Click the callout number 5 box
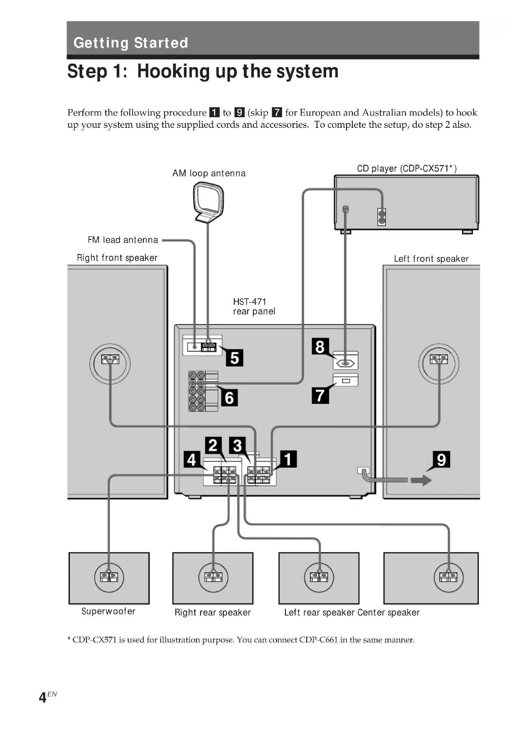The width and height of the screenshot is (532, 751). pos(234,357)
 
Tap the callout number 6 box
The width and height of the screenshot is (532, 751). pos(229,398)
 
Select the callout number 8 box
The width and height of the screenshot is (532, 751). pos(320,347)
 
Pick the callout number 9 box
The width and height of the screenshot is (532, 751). pos(441,459)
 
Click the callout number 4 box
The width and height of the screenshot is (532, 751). pos(192,459)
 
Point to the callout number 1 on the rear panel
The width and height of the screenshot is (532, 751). pos(288,459)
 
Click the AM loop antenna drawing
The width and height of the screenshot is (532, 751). pos(208,203)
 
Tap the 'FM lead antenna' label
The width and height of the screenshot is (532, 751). pos(123,240)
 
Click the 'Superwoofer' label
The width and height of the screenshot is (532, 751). pos(108,611)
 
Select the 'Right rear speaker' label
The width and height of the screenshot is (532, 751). pos(212,612)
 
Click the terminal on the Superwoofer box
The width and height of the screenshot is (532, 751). pos(109,577)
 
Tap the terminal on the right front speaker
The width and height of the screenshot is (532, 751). pos(110,360)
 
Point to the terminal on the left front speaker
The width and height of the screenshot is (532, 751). pos(439,360)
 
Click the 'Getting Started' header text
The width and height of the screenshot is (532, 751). pos(131,43)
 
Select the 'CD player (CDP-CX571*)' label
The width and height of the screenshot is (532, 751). pos(407,169)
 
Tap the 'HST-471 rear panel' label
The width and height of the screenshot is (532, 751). pos(254,306)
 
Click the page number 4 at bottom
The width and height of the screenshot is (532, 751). pos(42,697)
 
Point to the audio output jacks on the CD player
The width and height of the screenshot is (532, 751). pos(381,217)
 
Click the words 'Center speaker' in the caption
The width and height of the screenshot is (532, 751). pos(388,612)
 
